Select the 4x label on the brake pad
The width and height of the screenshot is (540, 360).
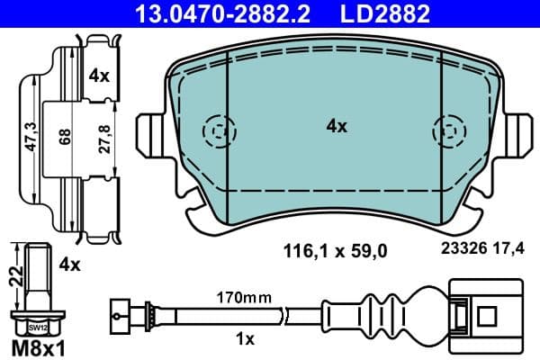click(337, 127)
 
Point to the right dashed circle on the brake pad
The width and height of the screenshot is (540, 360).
click(447, 132)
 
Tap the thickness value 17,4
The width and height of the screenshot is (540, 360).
click(509, 253)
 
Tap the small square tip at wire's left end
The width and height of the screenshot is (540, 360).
click(115, 316)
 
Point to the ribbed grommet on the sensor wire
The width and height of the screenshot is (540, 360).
click(384, 316)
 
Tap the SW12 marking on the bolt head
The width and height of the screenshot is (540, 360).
click(36, 328)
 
